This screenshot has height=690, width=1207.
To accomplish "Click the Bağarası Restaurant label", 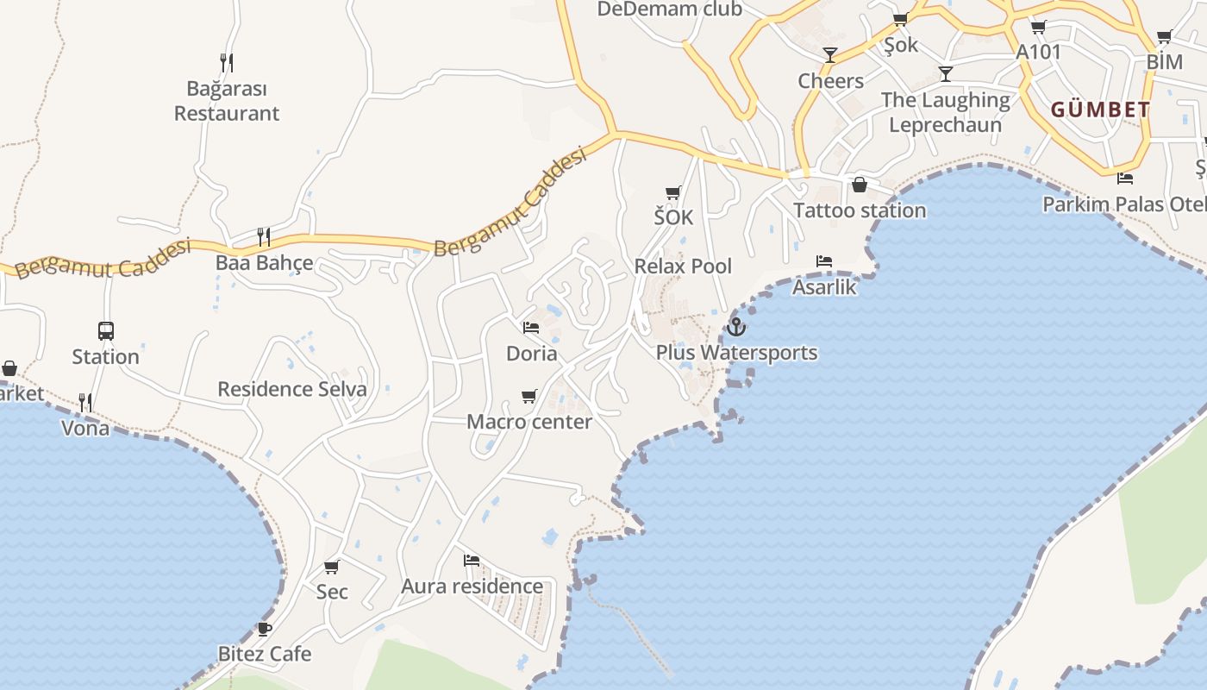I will [227, 101].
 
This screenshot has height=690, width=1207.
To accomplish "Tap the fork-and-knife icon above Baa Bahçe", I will [264, 236].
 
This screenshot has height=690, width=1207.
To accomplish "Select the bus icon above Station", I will [106, 330].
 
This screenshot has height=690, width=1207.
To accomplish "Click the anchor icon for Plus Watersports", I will [735, 327].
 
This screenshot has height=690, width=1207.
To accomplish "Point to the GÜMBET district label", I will [1100, 110].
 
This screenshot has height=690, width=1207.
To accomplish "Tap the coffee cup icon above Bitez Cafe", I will [265, 629].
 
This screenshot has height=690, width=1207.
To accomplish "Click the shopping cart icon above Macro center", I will [528, 396].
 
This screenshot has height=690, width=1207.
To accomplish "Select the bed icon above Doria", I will [531, 328].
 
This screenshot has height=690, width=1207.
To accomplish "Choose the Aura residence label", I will [472, 586].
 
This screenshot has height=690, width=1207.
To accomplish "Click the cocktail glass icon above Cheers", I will [829, 55].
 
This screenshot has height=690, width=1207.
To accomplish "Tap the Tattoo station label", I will [860, 210].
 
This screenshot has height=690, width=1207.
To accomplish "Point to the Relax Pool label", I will [683, 266].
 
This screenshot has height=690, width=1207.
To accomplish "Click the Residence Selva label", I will [292, 389].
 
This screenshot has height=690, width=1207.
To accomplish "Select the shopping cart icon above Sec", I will [332, 567].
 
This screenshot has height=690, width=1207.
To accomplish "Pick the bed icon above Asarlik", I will [824, 260].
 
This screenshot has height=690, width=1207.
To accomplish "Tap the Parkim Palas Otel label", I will [1124, 204].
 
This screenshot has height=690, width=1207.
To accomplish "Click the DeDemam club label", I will [669, 9].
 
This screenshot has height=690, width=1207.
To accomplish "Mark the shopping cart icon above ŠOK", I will [672, 192].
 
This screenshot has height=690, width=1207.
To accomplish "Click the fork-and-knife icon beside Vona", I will [85, 402].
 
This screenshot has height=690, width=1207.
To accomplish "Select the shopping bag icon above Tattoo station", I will [860, 185].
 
